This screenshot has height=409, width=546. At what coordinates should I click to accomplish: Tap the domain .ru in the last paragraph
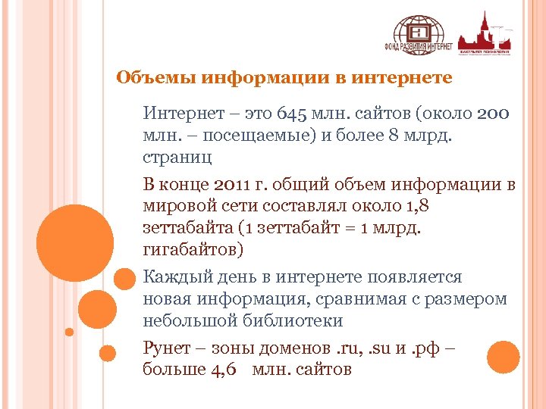tap(351, 348)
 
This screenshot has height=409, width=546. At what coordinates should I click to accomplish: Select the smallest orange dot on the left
tap(69, 331)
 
